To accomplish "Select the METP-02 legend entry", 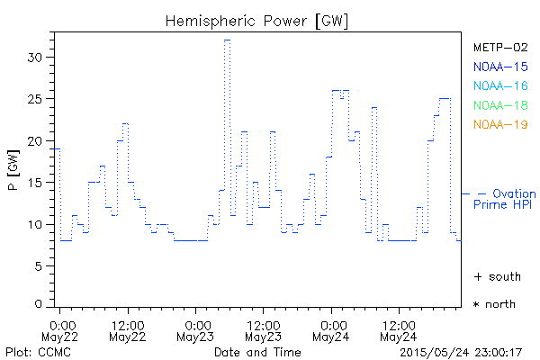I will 499,47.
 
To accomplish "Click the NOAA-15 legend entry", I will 499,67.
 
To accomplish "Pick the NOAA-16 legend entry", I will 499,85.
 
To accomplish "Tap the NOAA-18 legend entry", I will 499,105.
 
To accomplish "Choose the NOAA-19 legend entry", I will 499,124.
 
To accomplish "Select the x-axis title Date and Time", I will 257,351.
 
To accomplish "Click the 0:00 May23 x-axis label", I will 195,329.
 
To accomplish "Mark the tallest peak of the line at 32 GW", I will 228,40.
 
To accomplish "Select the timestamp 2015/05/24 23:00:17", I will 462,351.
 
